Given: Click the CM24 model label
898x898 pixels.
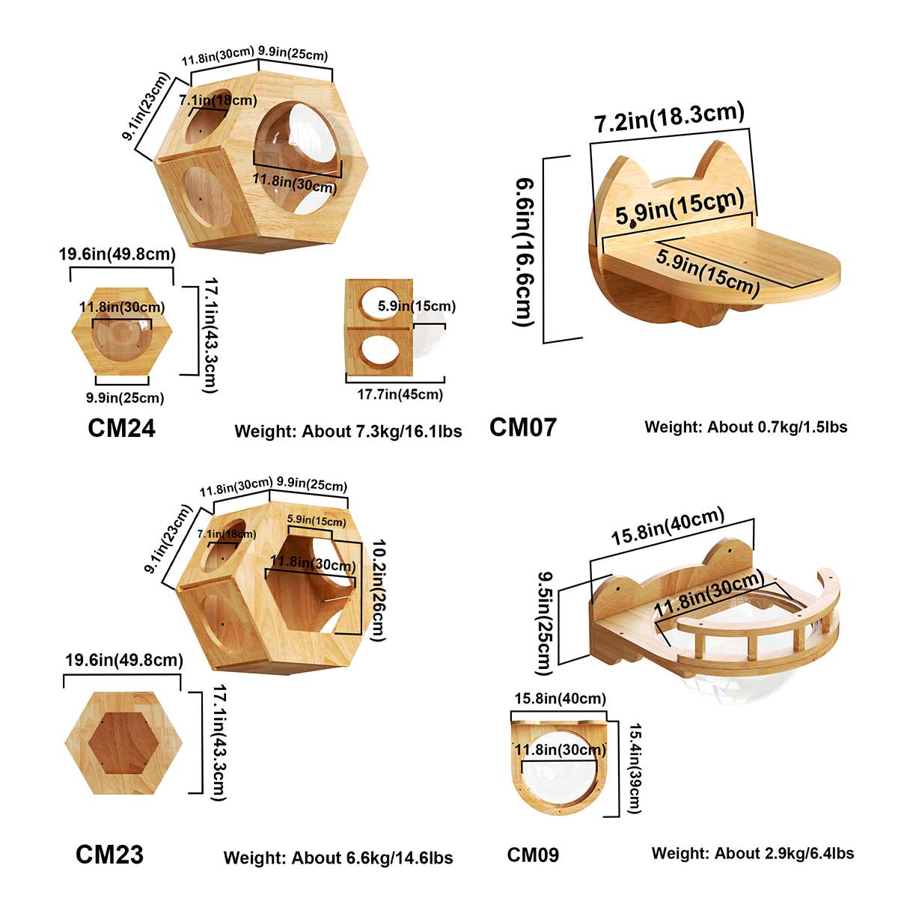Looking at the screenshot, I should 121,428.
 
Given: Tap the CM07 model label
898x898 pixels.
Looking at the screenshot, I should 523,427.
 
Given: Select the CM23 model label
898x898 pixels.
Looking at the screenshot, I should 109,855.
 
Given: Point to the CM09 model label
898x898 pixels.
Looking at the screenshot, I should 533,855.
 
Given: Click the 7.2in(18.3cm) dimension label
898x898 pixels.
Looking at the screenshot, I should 670,118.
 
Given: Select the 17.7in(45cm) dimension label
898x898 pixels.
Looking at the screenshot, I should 394,394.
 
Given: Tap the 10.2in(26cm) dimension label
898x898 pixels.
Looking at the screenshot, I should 377,590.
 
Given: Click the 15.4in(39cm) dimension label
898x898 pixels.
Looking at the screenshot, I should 632,768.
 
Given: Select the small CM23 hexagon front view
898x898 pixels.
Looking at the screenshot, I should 124,743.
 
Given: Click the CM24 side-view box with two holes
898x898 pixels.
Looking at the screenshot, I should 379,327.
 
